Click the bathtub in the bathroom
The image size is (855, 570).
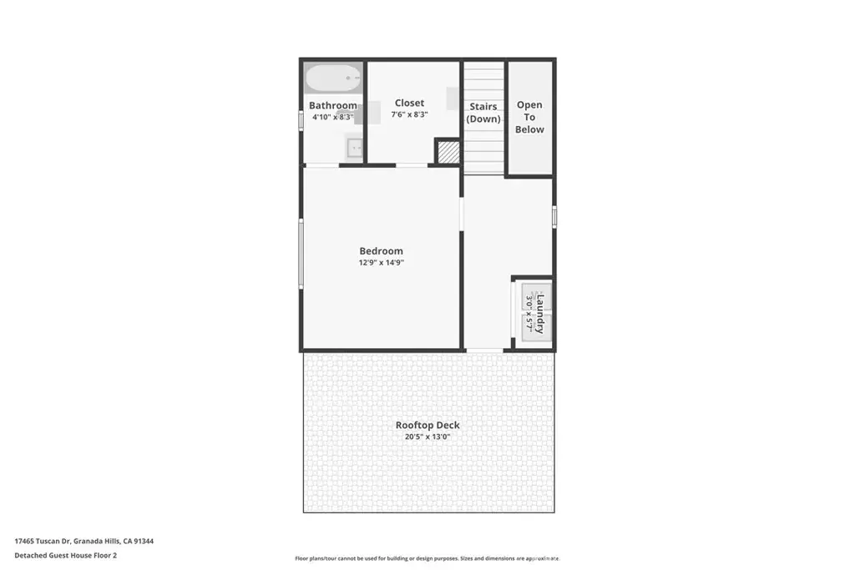(332, 78)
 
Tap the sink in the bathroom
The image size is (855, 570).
(354, 148)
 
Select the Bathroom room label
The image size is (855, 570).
(332, 105)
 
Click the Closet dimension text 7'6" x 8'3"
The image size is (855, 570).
(409, 114)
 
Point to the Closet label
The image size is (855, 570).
(409, 103)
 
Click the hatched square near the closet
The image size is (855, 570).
(448, 152)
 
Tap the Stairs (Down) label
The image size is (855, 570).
(483, 113)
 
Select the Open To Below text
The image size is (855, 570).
(529, 117)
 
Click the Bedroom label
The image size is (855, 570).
(381, 250)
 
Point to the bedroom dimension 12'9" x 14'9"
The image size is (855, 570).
(381, 263)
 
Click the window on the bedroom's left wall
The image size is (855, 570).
(301, 253)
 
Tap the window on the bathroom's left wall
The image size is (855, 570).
(301, 120)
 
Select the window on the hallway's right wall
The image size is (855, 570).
(554, 216)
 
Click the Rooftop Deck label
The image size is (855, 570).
(427, 425)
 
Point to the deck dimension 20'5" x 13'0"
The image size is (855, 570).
(427, 437)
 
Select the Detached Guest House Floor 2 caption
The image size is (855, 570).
(65, 555)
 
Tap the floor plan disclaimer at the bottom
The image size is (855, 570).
(427, 558)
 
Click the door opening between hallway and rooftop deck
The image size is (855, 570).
(484, 351)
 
